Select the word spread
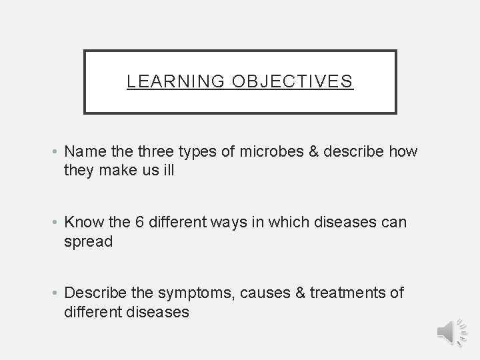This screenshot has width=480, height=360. pos(89,241)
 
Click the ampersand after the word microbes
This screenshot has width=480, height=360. pos(313,151)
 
